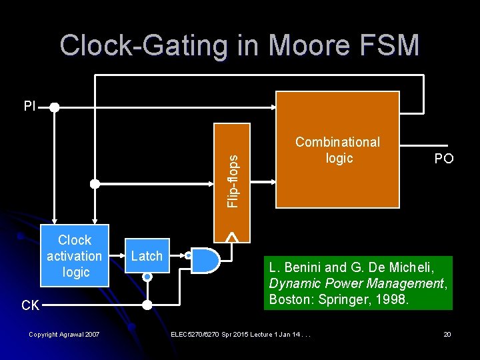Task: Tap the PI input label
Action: [x=29, y=106]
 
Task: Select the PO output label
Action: [x=443, y=158]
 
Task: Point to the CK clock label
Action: [x=30, y=305]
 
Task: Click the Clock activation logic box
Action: [x=75, y=256]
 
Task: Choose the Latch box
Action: [x=147, y=256]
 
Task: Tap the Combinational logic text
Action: [x=337, y=150]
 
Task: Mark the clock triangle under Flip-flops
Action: [x=231, y=235]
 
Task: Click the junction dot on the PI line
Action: [x=54, y=107]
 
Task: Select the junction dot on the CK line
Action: [x=147, y=305]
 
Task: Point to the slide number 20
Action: [x=447, y=333]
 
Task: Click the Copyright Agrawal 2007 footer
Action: [x=64, y=333]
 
